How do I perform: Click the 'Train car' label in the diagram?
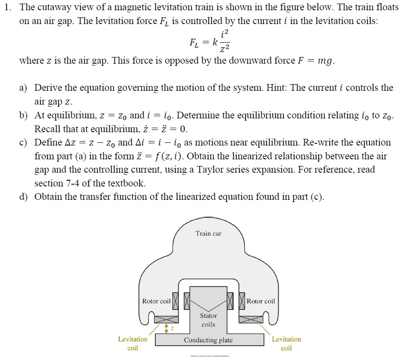tap(208, 233)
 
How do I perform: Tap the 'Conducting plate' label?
tap(208, 340)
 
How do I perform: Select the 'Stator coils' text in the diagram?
tap(208, 320)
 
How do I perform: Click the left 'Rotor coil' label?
tap(156, 301)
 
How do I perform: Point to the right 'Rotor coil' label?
tap(261, 301)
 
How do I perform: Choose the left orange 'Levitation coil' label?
tap(133, 344)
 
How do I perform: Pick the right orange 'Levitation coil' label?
tap(287, 344)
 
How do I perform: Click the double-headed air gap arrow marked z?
tap(166, 328)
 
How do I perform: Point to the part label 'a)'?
tap(23, 88)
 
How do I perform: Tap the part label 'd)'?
tap(23, 197)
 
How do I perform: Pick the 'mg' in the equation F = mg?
tap(325, 61)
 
